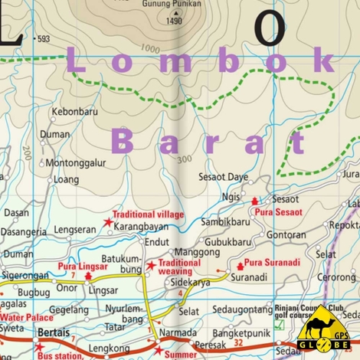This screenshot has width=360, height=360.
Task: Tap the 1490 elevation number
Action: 175,21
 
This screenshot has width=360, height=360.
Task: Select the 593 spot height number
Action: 43,39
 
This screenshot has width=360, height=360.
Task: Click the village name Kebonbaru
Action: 76,112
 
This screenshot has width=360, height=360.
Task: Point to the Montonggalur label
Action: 75,163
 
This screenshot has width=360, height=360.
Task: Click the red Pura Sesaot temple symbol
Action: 255,200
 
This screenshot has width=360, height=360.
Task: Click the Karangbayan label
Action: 142,227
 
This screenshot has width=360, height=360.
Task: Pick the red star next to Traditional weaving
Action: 152,266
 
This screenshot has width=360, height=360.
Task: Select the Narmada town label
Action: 178,333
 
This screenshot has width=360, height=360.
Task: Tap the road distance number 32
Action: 237,345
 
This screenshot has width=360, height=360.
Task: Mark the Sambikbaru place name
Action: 225,221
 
